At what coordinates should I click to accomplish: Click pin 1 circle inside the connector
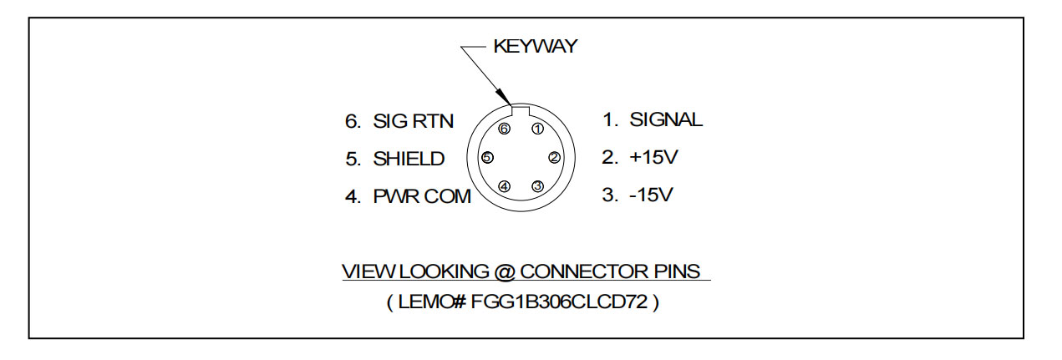[x=537, y=129]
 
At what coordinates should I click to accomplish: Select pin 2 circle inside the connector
[x=553, y=157]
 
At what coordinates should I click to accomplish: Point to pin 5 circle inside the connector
[x=488, y=157]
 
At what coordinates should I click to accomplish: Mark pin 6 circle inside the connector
[x=504, y=129]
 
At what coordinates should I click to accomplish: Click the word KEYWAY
[x=535, y=47]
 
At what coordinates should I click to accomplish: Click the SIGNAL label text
[x=666, y=120]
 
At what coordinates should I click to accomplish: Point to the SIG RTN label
[x=412, y=121]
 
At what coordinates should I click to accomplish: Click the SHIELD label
[x=409, y=159]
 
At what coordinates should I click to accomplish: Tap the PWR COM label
[x=422, y=198]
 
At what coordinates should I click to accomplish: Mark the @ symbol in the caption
[x=509, y=272]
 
